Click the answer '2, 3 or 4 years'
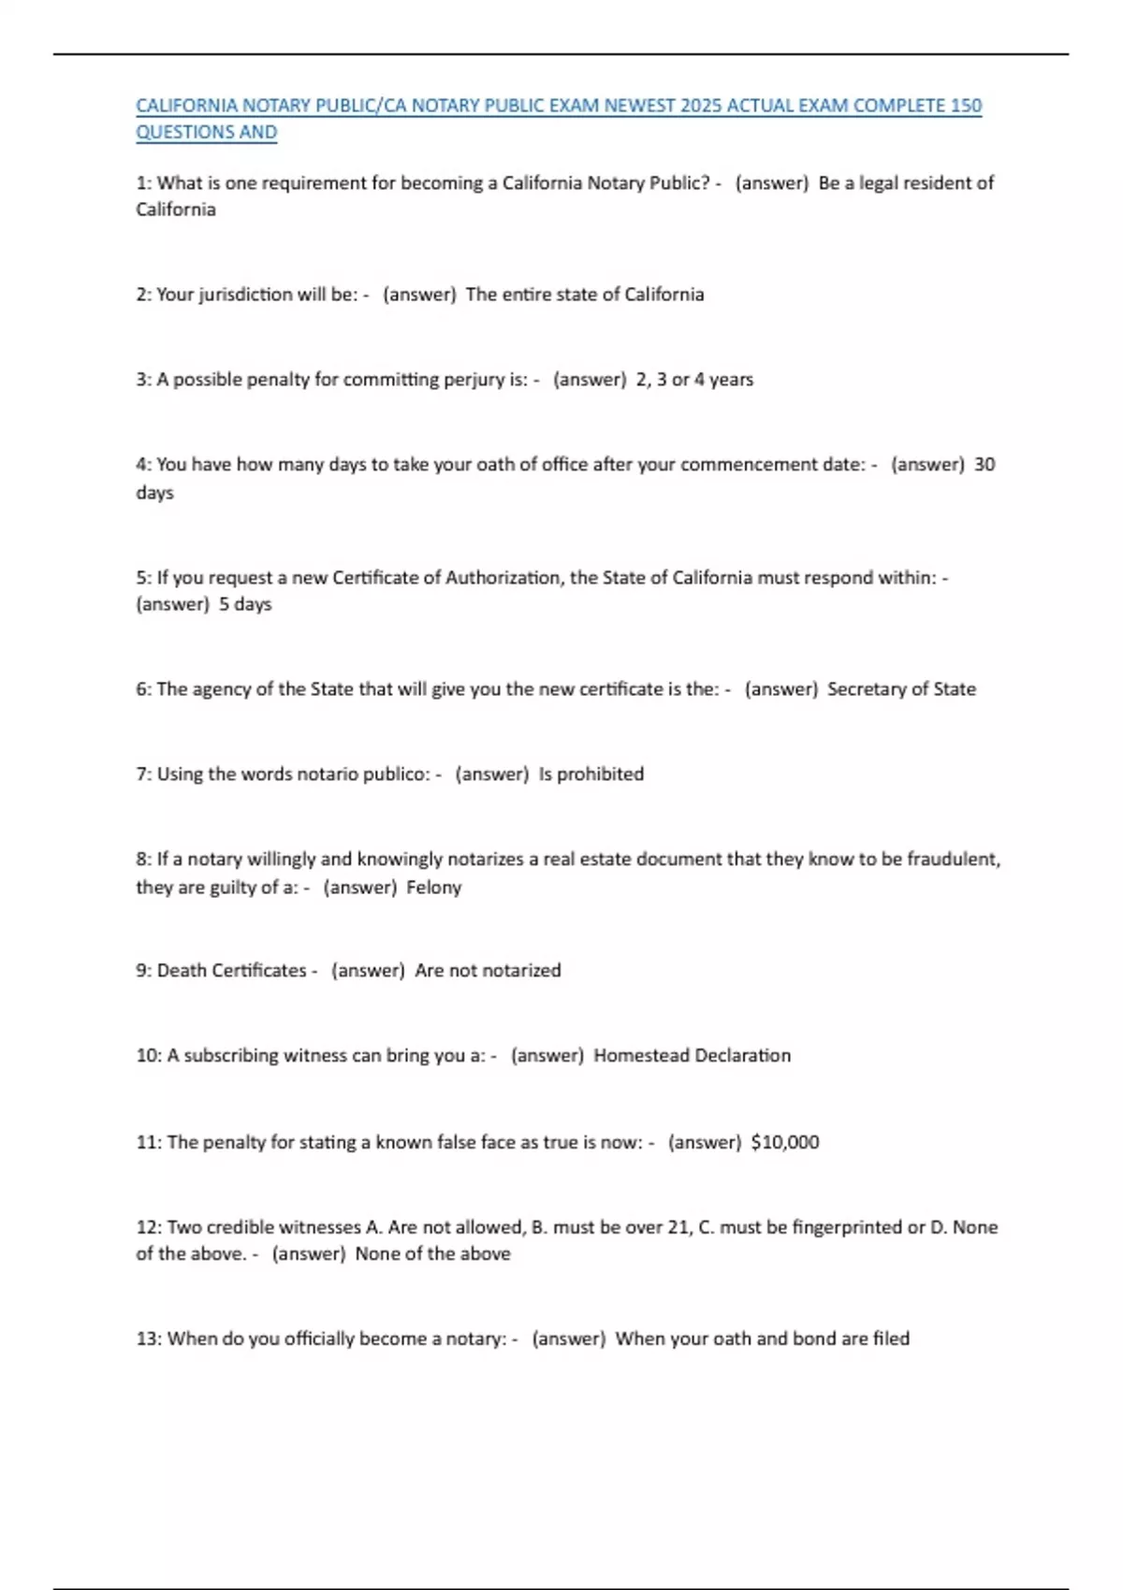click(x=694, y=380)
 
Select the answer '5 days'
click(x=245, y=604)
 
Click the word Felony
click(x=433, y=888)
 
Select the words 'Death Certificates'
click(x=231, y=971)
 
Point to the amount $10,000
click(x=784, y=1142)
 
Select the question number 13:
click(x=149, y=1339)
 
